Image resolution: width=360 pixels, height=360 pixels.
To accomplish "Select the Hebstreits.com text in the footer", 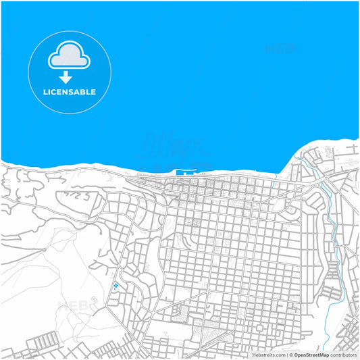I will (x=268, y=355).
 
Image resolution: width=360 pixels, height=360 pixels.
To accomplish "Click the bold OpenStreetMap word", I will (x=311, y=355).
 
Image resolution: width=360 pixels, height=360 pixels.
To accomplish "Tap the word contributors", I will (x=343, y=355).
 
